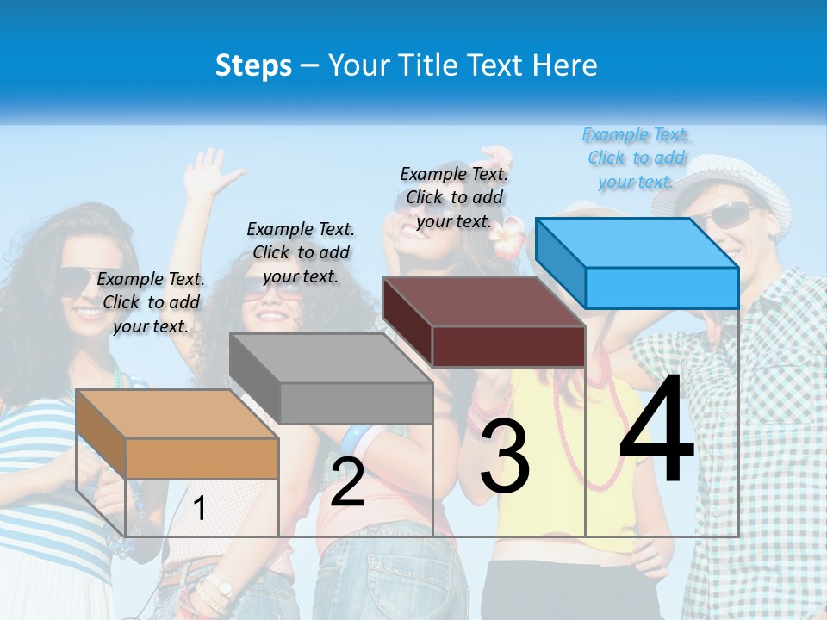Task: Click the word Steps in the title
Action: (x=253, y=65)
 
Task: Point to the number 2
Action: (x=348, y=482)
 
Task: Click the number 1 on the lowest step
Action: (x=200, y=508)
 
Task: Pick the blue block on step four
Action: (x=637, y=263)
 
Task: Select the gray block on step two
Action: (x=331, y=378)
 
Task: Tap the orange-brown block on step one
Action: (x=177, y=434)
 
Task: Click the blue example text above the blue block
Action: (x=637, y=158)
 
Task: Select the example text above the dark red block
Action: (x=454, y=197)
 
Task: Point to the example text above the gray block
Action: (x=301, y=252)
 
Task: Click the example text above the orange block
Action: (x=151, y=302)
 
